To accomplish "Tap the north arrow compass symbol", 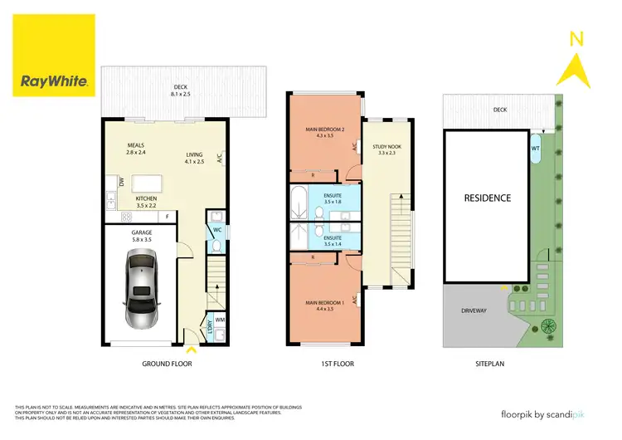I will pos(573,57).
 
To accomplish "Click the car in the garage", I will pos(139,288).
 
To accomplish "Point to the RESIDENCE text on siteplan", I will pos(487,198).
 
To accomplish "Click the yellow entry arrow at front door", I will pos(193,350).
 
